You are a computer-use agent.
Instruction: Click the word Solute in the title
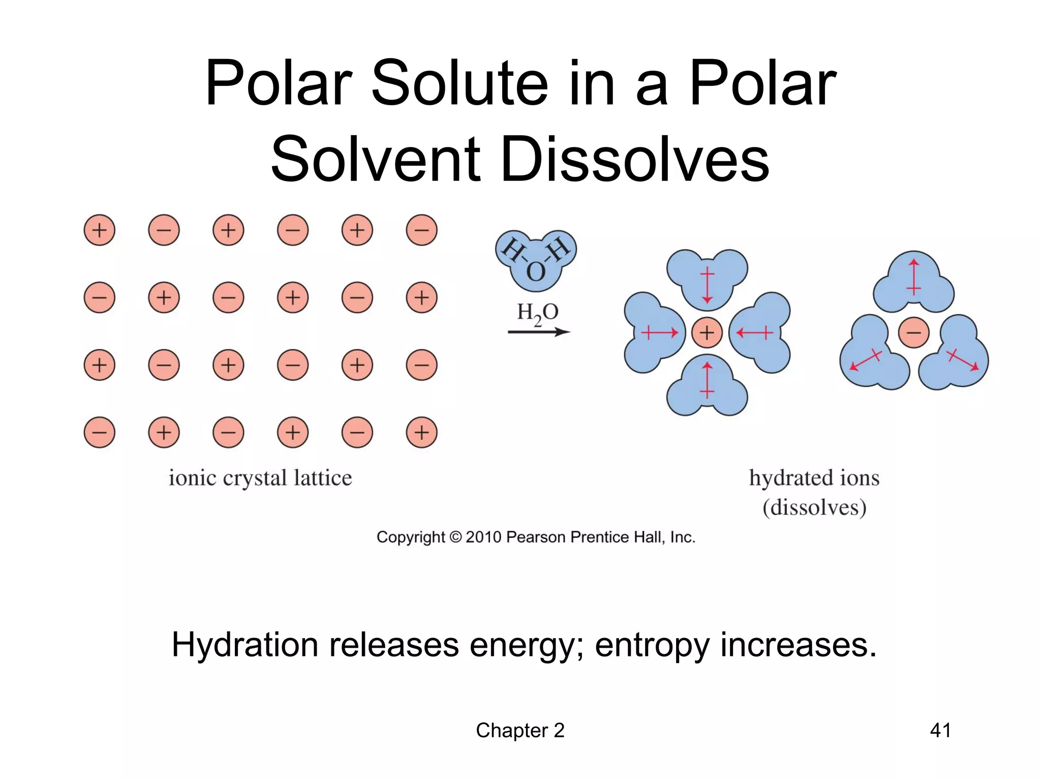coord(460,83)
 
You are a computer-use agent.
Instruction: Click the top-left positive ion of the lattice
coord(99,230)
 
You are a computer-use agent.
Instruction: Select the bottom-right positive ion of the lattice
coord(421,432)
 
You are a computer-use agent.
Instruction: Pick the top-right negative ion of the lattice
coord(421,230)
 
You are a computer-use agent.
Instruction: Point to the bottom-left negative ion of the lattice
coord(99,432)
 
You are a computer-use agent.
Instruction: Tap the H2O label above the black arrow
coord(538,313)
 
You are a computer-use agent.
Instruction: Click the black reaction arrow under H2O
coord(539,332)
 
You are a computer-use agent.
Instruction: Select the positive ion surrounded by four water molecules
coord(707,333)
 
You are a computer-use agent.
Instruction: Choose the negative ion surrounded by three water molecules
coord(913,333)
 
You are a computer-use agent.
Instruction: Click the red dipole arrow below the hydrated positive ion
coord(707,379)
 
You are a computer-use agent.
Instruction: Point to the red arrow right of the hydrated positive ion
coord(754,333)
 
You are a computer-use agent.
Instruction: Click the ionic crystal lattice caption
coord(260,478)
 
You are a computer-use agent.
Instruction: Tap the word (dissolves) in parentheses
coord(814,507)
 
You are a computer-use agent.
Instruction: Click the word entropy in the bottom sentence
coord(652,645)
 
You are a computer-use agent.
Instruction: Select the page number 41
coord(940,730)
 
